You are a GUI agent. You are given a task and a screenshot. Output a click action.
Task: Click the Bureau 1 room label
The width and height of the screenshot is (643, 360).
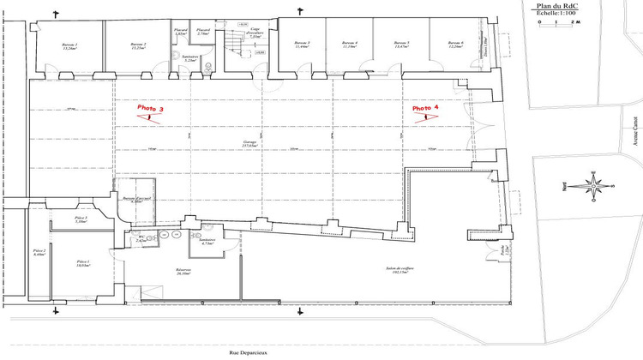pyautogui.click(x=69, y=44)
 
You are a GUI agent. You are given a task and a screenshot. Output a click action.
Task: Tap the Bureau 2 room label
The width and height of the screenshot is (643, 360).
pyautogui.click(x=138, y=44)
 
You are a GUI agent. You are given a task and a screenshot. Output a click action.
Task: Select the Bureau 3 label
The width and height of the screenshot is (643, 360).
pyautogui.click(x=301, y=43)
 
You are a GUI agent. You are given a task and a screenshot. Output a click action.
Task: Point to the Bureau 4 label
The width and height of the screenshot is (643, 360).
pyautogui.click(x=350, y=43)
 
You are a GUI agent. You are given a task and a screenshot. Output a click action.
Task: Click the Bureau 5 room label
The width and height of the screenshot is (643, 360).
pyautogui.click(x=401, y=43)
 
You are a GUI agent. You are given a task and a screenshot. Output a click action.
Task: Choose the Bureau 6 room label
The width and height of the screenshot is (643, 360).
pyautogui.click(x=454, y=43)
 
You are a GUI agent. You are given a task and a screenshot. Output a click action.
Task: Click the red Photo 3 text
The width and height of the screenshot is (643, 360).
pyautogui.click(x=150, y=109)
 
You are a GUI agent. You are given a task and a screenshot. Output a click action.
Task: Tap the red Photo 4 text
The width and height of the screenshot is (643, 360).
pyautogui.click(x=425, y=109)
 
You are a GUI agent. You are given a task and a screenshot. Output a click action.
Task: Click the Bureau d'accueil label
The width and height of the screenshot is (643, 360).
pyautogui.click(x=136, y=199)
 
